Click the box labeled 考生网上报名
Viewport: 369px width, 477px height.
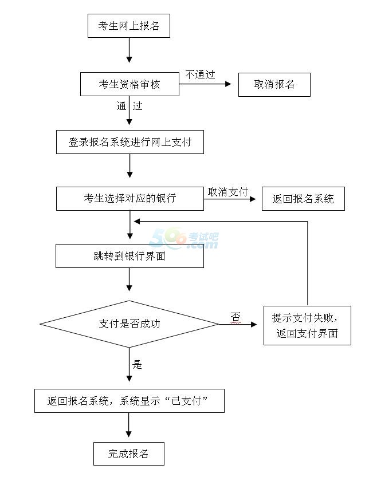click(x=129, y=26)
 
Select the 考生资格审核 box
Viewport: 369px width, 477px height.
click(x=129, y=84)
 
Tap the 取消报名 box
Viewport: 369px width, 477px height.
click(x=274, y=85)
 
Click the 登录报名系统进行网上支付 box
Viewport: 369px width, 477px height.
click(x=130, y=142)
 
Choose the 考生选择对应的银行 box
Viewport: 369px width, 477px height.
click(x=130, y=199)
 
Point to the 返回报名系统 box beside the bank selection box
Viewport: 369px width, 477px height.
click(x=303, y=199)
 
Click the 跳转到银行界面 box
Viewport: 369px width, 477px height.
click(x=129, y=256)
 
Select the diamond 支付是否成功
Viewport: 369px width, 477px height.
click(x=129, y=324)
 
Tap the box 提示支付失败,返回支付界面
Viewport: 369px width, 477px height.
click(x=307, y=325)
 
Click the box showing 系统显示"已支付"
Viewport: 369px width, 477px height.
click(x=129, y=401)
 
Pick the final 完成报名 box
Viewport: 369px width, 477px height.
click(x=129, y=454)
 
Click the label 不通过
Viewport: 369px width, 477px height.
click(x=200, y=74)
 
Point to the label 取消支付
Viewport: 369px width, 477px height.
click(x=228, y=192)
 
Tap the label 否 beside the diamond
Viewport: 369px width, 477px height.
click(x=235, y=317)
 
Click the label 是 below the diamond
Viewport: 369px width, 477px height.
click(x=137, y=364)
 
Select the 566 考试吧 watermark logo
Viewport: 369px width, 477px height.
click(x=183, y=238)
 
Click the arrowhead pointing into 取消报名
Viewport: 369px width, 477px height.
click(x=229, y=84)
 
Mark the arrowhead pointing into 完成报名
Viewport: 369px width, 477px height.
click(x=129, y=434)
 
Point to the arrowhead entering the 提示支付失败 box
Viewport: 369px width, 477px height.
click(x=254, y=324)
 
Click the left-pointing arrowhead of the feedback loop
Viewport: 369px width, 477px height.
click(x=137, y=222)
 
